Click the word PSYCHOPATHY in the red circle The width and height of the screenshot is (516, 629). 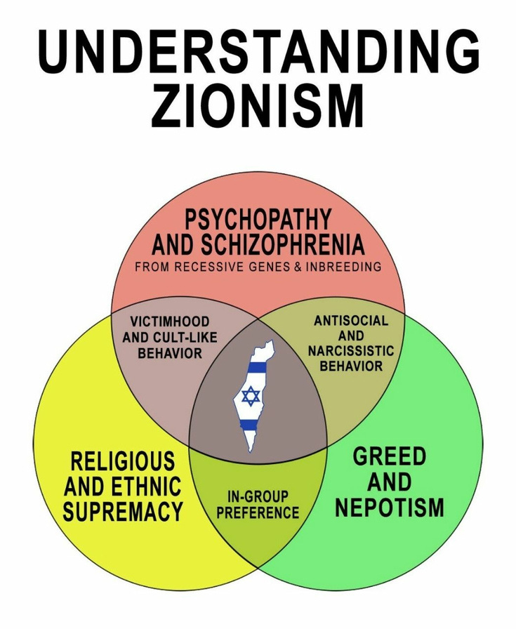258,220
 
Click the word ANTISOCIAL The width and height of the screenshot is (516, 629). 350,320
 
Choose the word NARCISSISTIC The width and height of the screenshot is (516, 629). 350,351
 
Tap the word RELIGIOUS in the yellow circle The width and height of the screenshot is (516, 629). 122,462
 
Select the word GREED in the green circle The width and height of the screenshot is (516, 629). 389,456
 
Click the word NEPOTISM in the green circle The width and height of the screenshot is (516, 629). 389,508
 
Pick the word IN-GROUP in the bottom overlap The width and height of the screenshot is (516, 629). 258,497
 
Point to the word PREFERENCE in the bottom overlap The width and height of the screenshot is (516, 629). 258,513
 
